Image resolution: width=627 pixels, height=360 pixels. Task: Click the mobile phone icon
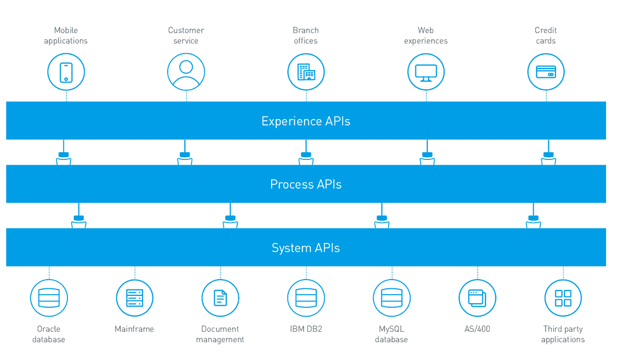tap(66, 72)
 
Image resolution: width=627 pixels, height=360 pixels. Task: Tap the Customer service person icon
tap(186, 72)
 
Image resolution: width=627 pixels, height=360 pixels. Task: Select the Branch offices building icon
tap(306, 72)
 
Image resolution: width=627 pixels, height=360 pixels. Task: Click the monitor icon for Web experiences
tap(426, 72)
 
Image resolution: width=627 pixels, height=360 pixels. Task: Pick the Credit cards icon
tap(546, 72)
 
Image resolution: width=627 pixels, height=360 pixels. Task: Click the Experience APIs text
tap(306, 121)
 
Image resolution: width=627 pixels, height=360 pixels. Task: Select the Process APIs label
tap(306, 184)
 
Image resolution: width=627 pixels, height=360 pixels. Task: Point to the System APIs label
tap(306, 248)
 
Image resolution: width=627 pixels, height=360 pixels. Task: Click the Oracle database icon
tap(49, 298)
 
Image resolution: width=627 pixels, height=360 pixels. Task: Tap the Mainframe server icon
tap(135, 298)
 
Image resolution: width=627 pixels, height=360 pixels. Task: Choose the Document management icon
tap(220, 298)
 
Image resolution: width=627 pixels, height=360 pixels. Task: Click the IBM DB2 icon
tap(306, 298)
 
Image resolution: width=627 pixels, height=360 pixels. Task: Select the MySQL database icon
tap(392, 298)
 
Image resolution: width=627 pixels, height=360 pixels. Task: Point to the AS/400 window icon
tap(478, 298)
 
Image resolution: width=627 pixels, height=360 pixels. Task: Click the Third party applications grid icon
tap(563, 298)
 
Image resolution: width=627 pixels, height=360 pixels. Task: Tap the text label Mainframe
tap(134, 329)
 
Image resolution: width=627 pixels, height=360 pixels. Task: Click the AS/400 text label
tap(477, 329)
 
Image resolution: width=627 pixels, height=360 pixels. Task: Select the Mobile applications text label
tap(66, 36)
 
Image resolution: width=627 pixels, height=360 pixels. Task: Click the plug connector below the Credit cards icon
tap(548, 157)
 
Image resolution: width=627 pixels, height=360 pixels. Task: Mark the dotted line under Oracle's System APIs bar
tap(49, 272)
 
